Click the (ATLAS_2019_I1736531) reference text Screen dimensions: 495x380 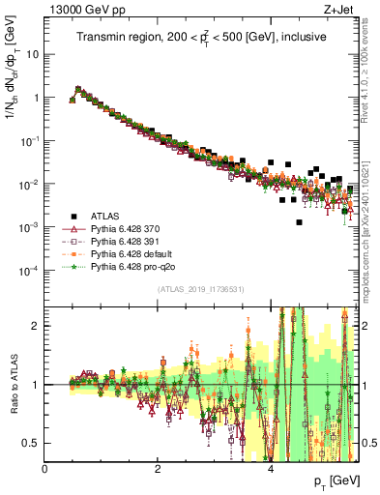pos(201,290)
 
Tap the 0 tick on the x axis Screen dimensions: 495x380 pos(45,468)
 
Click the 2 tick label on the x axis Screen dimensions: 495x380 pos(158,468)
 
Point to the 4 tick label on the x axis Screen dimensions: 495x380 pos(270,468)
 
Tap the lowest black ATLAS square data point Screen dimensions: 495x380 pos(300,222)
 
